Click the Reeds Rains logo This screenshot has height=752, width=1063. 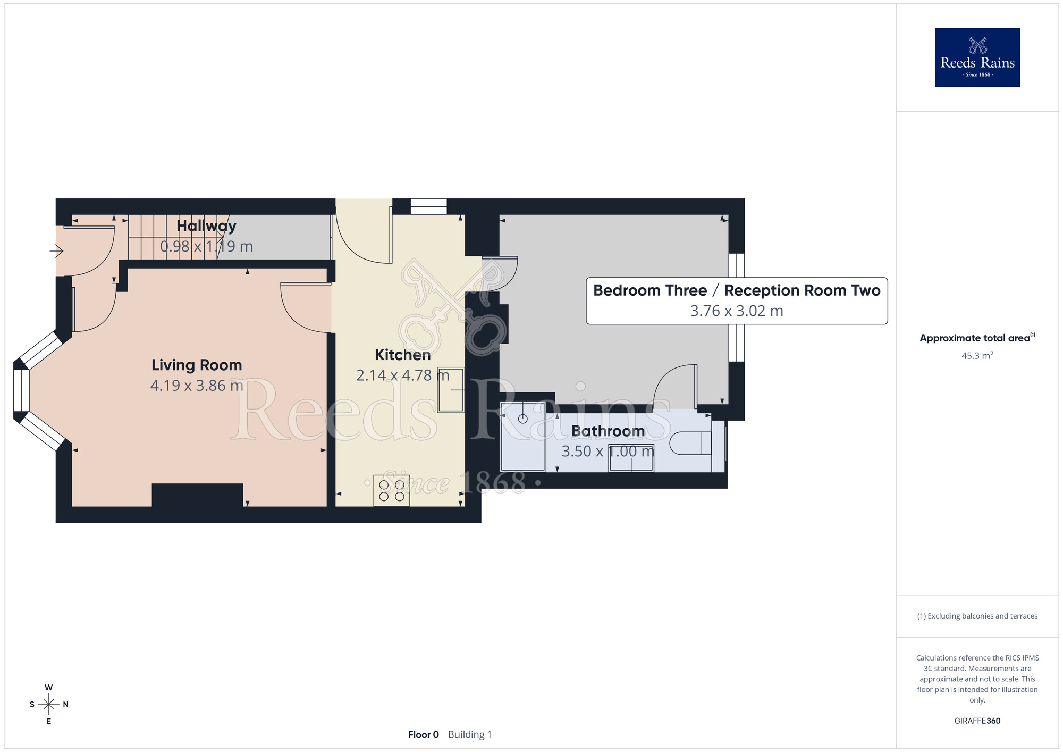pyautogui.click(x=977, y=57)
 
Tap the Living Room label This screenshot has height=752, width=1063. pyautogui.click(x=197, y=365)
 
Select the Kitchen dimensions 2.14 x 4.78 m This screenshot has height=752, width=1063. pyautogui.click(x=402, y=375)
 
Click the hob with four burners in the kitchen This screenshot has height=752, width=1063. pyautogui.click(x=392, y=490)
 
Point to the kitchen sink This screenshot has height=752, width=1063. pyautogui.click(x=451, y=390)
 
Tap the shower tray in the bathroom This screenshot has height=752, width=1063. pyautogui.click(x=523, y=437)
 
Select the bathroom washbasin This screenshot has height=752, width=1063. pyautogui.click(x=631, y=458)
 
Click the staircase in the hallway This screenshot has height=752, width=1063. pyautogui.click(x=173, y=237)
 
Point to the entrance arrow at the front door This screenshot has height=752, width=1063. pyautogui.click(x=57, y=250)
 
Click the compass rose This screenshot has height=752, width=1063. pyautogui.click(x=49, y=705)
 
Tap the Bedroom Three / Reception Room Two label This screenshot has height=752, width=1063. pyautogui.click(x=737, y=290)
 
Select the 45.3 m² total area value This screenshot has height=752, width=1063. pyautogui.click(x=977, y=355)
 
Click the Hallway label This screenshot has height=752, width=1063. pyautogui.click(x=206, y=226)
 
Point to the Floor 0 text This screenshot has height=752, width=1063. pyautogui.click(x=424, y=734)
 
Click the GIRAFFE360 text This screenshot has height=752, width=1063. pyautogui.click(x=977, y=721)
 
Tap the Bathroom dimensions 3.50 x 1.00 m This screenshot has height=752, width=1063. pyautogui.click(x=608, y=452)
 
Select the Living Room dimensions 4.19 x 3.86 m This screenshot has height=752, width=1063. pyautogui.click(x=197, y=386)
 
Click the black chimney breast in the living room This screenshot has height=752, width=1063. pyautogui.click(x=197, y=495)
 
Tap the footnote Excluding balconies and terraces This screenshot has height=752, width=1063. pyautogui.click(x=977, y=616)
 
